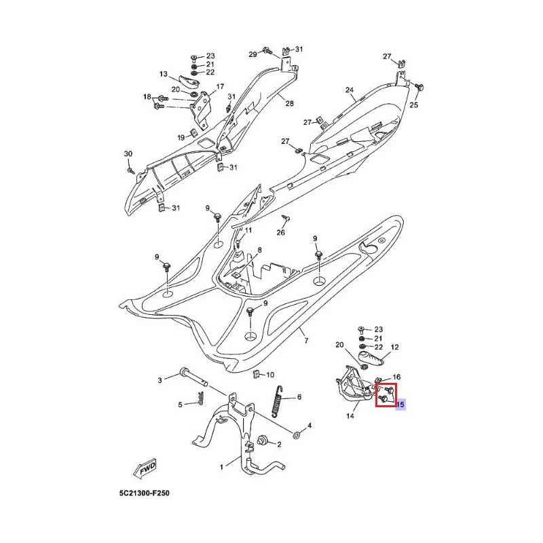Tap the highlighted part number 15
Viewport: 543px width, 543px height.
400,405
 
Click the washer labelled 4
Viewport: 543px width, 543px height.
298,434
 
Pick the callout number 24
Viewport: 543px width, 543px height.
350,90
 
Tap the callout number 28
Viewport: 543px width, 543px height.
289,103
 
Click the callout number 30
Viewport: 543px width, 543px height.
128,155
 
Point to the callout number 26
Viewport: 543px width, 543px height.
280,233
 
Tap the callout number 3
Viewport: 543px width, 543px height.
160,380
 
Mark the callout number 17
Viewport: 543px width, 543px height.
219,87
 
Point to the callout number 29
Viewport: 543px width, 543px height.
252,54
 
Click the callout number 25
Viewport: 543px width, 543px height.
413,105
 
